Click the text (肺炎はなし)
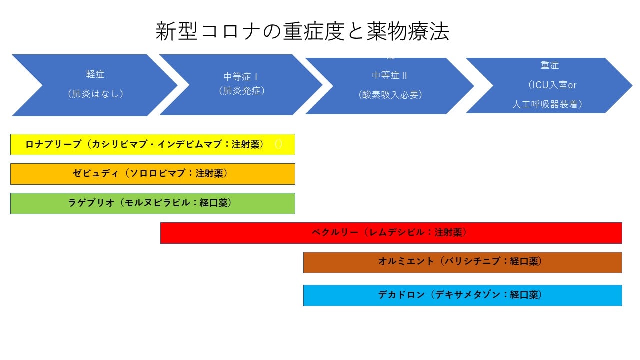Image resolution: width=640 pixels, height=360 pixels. point(95,93)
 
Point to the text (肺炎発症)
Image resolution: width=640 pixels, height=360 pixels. point(241,91)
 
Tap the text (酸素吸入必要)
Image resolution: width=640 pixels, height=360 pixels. point(390,94)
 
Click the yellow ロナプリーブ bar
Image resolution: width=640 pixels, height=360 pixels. point(152,144)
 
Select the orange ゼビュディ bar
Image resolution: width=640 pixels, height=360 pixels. point(152,174)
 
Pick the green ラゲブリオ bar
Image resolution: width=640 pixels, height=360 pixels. point(152,203)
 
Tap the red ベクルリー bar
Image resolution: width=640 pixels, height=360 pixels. point(391,233)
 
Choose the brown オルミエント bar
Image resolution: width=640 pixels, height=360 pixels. point(462,262)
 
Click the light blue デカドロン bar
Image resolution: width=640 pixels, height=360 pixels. point(462,295)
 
